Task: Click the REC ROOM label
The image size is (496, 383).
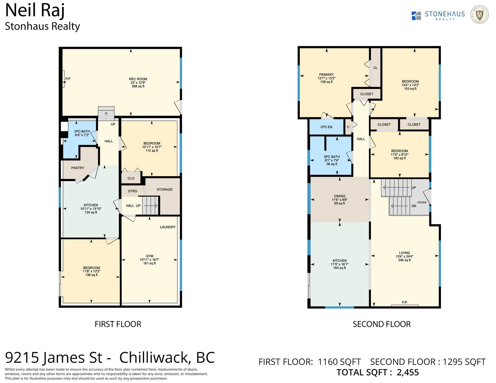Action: click(138, 79)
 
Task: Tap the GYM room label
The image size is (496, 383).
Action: click(149, 256)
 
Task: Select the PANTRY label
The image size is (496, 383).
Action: click(77, 168)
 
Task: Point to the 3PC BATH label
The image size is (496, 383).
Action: click(82, 131)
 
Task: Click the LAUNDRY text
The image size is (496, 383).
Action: click(168, 227)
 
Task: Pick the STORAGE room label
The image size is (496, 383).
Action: click(165, 189)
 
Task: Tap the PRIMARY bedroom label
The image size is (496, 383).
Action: click(326, 75)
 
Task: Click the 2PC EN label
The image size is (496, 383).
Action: click(326, 127)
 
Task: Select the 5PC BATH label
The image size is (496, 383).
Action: click(332, 157)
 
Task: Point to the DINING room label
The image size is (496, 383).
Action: click(339, 196)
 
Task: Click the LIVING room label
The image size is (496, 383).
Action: click(404, 253)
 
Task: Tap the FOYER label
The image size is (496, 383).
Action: click(422, 202)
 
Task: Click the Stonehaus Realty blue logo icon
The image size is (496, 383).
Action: click(416, 16)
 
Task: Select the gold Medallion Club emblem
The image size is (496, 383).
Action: click(479, 15)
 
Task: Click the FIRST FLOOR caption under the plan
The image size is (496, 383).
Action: click(118, 324)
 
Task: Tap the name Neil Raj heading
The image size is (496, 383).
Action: click(35, 11)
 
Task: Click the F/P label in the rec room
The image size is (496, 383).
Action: click(68, 79)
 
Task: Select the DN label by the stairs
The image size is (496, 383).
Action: click(414, 206)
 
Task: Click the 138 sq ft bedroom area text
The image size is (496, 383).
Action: click(91, 275)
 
